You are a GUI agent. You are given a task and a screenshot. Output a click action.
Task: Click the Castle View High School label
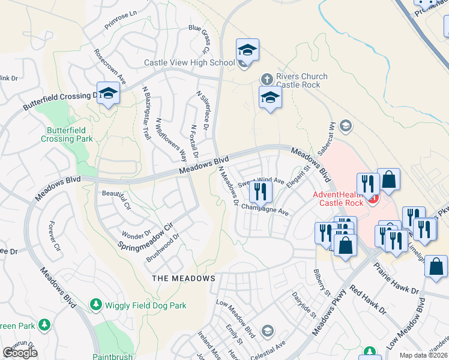[x=189, y=62]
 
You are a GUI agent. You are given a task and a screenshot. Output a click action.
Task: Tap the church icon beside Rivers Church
[x=267, y=79]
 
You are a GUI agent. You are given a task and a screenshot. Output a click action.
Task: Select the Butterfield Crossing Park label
[x=67, y=134]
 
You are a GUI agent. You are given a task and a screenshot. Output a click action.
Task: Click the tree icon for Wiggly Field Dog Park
[x=95, y=305]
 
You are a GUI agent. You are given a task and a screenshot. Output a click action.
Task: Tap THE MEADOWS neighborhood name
[x=183, y=278]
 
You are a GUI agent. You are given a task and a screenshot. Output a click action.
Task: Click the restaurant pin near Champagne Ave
[x=261, y=191]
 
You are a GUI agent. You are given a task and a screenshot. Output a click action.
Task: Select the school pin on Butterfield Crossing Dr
[x=108, y=93]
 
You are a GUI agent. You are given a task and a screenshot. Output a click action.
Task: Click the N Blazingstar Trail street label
[x=145, y=113]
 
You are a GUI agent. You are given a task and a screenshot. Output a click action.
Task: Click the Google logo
[x=20, y=353]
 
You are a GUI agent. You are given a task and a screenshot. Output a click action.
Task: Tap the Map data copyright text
[x=423, y=355]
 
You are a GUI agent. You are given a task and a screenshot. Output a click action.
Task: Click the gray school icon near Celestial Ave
[x=267, y=331]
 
